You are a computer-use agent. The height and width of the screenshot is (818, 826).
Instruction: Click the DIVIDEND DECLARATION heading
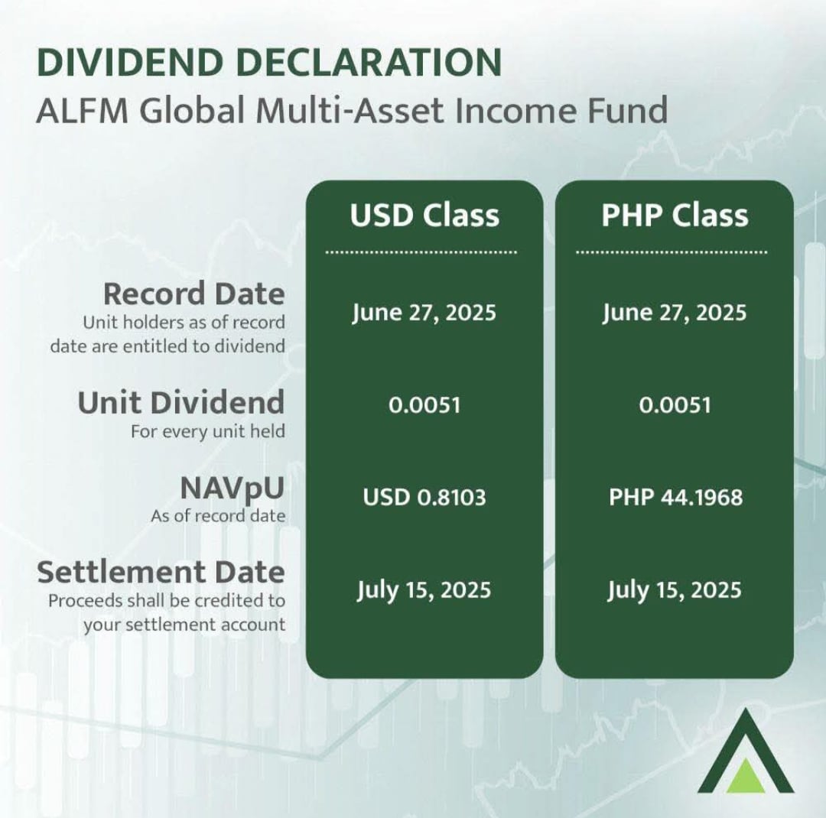pos(268,62)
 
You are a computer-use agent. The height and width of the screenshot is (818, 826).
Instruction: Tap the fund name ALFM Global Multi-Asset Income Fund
pos(352,111)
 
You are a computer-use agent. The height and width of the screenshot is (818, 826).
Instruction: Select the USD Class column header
pos(424,215)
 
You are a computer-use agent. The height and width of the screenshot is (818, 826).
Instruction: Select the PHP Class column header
pos(675,215)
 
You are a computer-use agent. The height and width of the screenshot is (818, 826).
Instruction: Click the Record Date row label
pos(193,294)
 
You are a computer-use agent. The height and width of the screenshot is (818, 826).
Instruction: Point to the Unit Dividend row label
pos(181,402)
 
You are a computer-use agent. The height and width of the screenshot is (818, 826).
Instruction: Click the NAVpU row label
pos(233,489)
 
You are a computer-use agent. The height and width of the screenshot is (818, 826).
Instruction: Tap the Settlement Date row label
pos(161,572)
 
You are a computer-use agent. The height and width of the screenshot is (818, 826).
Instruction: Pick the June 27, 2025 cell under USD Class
pos(424,313)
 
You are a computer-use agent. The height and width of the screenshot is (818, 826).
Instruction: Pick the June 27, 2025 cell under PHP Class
pos(675,313)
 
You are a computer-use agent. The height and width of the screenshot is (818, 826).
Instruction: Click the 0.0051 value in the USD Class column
pos(424,405)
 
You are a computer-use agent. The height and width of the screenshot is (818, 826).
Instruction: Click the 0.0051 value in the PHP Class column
pos(675,405)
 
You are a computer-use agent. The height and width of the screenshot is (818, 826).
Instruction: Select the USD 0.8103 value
pos(424,497)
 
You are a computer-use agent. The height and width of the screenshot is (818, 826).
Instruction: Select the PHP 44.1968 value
pos(676,497)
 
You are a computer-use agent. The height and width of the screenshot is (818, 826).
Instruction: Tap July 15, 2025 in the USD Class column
pos(424,590)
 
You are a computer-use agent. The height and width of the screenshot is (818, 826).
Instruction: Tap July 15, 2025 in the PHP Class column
pos(675,590)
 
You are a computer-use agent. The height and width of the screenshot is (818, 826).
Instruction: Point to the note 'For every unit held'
pos(208,431)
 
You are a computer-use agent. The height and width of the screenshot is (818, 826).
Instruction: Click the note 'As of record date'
pos(218,516)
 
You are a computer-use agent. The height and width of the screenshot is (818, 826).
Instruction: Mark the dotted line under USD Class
pos(421,252)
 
